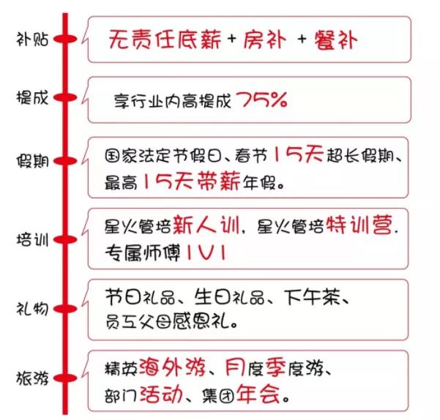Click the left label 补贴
(32, 39)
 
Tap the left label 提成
(32, 98)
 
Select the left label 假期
(32, 161)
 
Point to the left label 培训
(32, 240)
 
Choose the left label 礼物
(32, 309)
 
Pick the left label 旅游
(32, 378)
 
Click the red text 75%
(262, 100)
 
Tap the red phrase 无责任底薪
(165, 40)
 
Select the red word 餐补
(335, 40)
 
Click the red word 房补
(265, 40)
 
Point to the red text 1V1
(206, 252)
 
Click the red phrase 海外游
(172, 367)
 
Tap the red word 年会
(258, 394)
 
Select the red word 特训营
(359, 225)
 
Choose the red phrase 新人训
(206, 225)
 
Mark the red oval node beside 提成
(65, 97)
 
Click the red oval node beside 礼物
(65, 309)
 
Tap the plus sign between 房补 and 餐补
(302, 39)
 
